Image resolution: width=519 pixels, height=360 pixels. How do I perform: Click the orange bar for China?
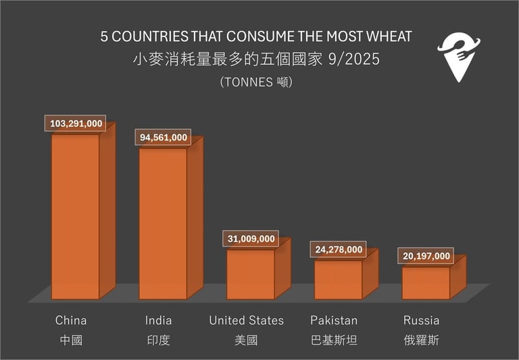pyautogui.click(x=76, y=216)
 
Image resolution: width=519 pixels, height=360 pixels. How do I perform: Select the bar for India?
pyautogui.click(x=163, y=223)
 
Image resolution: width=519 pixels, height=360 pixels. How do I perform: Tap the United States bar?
pyautogui.click(x=250, y=274)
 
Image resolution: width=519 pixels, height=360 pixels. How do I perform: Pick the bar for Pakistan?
pyautogui.click(x=338, y=279)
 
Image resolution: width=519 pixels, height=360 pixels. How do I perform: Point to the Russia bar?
pyautogui.click(x=426, y=282)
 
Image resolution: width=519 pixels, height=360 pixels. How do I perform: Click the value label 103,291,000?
pyautogui.click(x=76, y=124)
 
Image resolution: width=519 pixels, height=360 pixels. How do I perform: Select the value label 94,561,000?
pyautogui.click(x=164, y=138)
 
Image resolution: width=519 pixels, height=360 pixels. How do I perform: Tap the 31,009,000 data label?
pyautogui.click(x=251, y=239)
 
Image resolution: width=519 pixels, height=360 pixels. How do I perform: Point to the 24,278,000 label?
pyautogui.click(x=339, y=250)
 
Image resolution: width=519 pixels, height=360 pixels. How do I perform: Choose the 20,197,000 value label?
pyautogui.click(x=426, y=256)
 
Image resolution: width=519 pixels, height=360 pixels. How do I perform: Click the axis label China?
pyautogui.click(x=71, y=320)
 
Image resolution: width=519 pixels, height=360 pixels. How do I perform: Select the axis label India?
pyautogui.click(x=159, y=320)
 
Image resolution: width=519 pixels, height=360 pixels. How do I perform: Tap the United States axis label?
pyautogui.click(x=247, y=320)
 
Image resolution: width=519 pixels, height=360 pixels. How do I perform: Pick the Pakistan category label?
pyautogui.click(x=334, y=320)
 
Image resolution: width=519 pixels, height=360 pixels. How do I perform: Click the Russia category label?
pyautogui.click(x=421, y=320)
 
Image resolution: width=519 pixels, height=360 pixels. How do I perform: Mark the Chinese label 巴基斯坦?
pyautogui.click(x=334, y=340)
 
